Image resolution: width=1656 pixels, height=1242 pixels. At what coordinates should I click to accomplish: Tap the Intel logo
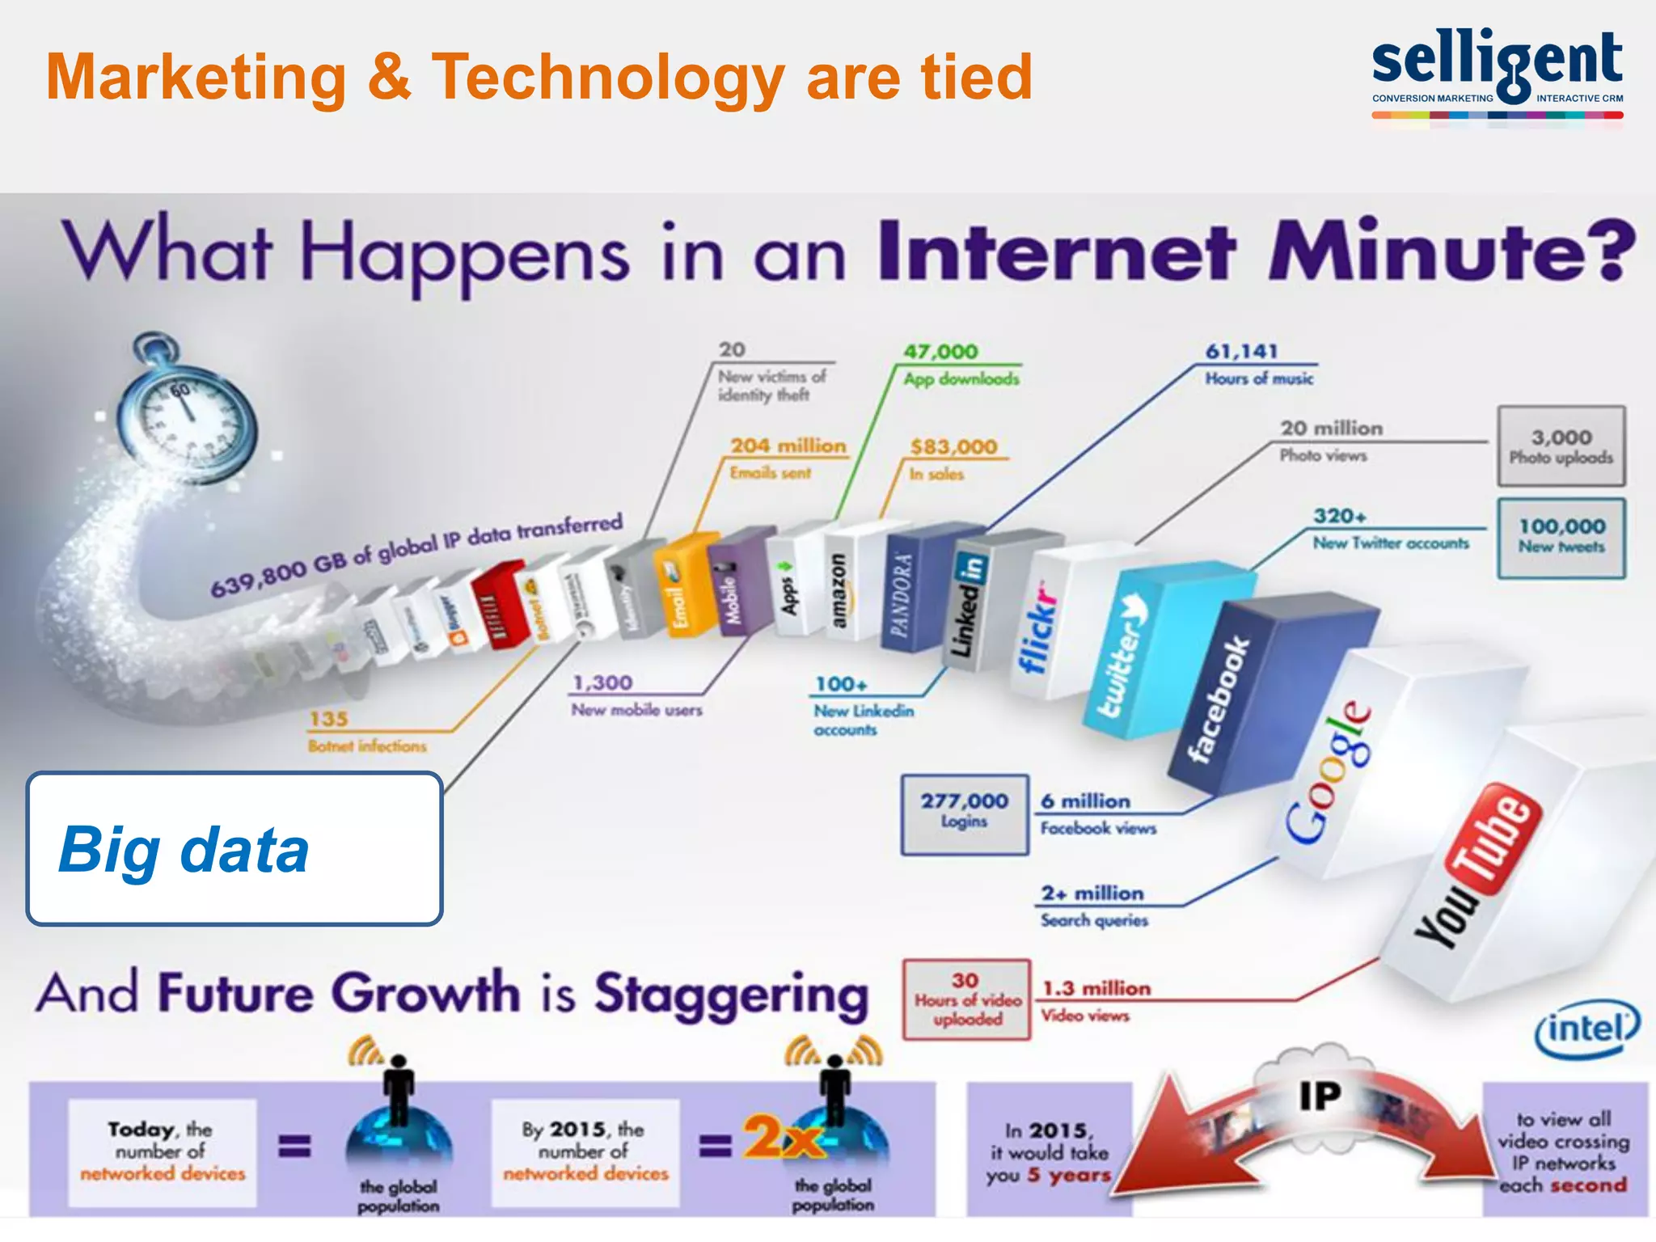tap(1586, 1029)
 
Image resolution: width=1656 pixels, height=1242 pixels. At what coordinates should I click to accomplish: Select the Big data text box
tap(234, 849)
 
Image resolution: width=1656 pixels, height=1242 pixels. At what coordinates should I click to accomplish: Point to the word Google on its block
tap(1328, 772)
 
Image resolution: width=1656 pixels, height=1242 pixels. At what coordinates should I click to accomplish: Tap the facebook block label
tap(1218, 700)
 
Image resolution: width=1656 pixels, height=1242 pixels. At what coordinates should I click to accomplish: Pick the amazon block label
tap(839, 591)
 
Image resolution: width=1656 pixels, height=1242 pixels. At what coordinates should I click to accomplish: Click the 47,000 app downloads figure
tap(940, 352)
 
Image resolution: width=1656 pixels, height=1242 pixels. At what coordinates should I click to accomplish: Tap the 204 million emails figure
tap(788, 446)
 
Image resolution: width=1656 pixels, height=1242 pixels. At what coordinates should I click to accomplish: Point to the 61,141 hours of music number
tap(1241, 351)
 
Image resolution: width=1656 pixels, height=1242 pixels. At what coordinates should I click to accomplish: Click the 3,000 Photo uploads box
tap(1561, 446)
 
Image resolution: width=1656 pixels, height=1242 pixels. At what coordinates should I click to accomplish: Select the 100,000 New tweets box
tap(1561, 536)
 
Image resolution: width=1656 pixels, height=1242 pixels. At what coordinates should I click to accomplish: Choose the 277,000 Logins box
tap(965, 812)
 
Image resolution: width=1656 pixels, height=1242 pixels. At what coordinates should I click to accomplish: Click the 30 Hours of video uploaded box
tap(966, 999)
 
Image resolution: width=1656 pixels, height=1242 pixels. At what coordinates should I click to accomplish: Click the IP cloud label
tap(1320, 1096)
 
